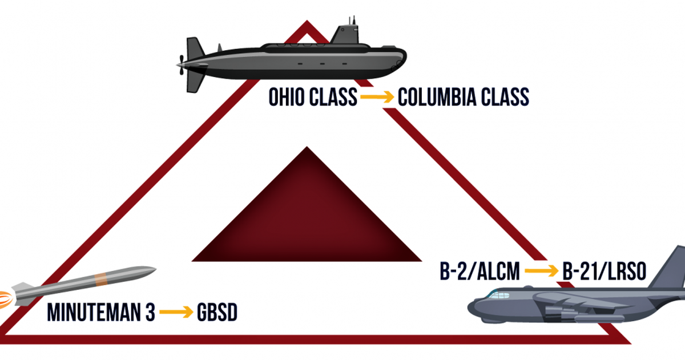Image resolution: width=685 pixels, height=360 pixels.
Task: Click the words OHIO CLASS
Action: point(313,97)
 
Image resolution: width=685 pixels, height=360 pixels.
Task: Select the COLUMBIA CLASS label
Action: point(464,97)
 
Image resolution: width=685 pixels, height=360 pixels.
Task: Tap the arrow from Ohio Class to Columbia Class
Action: point(377,97)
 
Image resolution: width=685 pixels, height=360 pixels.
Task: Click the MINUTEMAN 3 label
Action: point(101,312)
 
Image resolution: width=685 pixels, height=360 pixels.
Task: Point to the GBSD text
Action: point(217,312)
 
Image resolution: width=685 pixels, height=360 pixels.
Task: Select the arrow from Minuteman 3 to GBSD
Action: point(176,312)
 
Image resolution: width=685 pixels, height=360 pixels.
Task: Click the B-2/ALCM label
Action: point(480,271)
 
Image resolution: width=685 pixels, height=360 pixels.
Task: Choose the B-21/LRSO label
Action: point(605,271)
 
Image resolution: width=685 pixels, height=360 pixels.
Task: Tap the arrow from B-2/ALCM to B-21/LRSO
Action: point(541,271)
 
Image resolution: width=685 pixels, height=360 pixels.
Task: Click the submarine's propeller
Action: point(182,65)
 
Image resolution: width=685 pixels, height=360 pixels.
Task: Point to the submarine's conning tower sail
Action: point(345,34)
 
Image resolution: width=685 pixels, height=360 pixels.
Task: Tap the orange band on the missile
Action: point(101,280)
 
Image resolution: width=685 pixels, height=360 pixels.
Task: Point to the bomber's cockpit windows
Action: point(499,295)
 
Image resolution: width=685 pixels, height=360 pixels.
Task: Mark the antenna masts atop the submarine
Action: point(352,21)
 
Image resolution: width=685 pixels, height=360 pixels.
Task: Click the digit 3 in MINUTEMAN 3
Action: point(150,312)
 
